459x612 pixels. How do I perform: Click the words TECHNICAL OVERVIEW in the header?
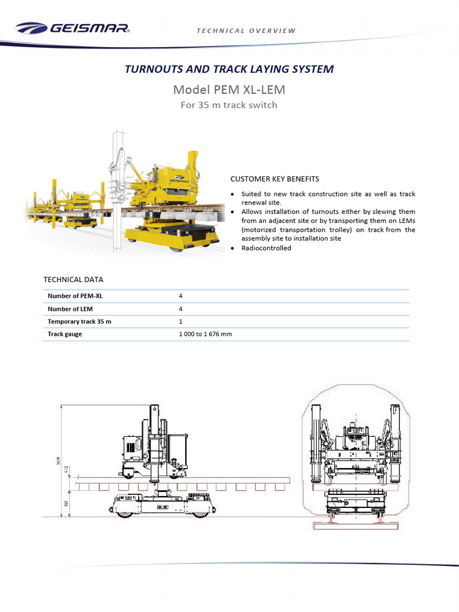246,31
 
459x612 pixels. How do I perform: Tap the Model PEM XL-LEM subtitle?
229,90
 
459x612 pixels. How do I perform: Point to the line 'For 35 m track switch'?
229,105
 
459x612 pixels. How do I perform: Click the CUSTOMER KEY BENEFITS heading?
275,179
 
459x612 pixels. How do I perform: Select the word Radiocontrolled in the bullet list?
266,248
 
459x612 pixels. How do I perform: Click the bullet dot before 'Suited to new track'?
233,194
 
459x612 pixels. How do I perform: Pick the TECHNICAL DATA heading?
74,279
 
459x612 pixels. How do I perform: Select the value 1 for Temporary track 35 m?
181,322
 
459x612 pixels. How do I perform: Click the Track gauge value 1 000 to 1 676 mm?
205,334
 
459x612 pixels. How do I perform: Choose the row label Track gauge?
65,334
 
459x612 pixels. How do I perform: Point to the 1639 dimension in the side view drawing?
58,460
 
